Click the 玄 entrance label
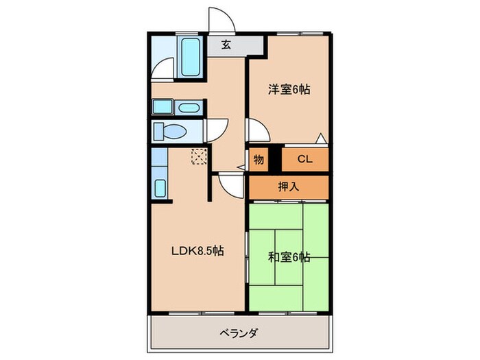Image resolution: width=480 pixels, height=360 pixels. pos(226,46)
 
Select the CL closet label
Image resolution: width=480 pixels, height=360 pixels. pos(305,159)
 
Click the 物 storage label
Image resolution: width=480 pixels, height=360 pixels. pos(259,159)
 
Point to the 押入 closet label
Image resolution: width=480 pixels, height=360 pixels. pos(288,185)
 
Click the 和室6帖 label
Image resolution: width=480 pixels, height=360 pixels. pos(289,257)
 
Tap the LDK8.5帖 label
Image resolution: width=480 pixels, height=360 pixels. pos(197,251)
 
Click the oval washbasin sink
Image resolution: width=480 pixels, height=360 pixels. pos(189,108)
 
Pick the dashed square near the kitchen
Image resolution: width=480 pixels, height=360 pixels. pos(198,157)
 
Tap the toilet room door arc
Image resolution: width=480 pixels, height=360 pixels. pos(218,129)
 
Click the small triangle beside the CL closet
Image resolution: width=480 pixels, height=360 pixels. pos(321,138)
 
